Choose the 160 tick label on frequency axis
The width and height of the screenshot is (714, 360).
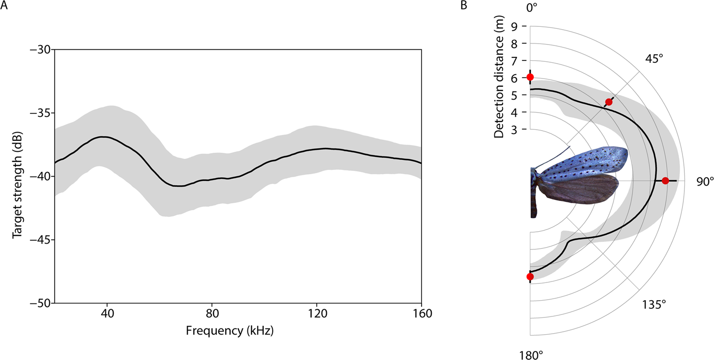[x=421, y=314]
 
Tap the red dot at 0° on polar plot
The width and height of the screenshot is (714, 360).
[x=530, y=77]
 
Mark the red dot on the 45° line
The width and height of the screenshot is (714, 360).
[x=609, y=102]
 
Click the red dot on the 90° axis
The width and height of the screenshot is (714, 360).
[x=665, y=180]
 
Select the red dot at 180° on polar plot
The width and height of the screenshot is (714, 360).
[x=530, y=276]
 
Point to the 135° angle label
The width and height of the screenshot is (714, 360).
[x=654, y=304]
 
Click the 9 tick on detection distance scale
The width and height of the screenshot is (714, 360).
[x=517, y=26]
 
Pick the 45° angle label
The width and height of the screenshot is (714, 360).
[x=654, y=58]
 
